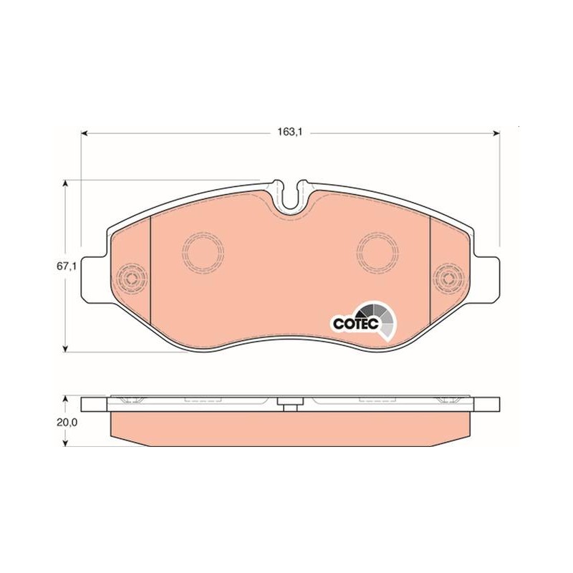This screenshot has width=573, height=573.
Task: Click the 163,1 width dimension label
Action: pos(289,133)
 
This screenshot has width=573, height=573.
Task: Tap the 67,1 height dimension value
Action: pos(66,266)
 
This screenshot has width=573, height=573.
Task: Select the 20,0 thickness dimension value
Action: pos(67,423)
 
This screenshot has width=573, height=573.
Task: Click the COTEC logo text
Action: pos(355,323)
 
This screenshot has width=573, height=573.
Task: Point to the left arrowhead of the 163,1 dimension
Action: pos(85,133)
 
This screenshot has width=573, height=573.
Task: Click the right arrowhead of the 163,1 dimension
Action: pos(496,133)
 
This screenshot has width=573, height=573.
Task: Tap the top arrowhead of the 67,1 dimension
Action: pos(65,183)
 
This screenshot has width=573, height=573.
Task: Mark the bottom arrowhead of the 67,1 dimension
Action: pos(65,349)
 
